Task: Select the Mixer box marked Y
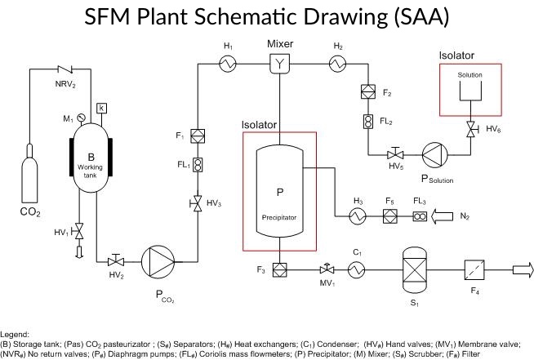(x=281, y=62)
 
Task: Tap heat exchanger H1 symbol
(x=228, y=62)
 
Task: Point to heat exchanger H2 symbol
(x=336, y=62)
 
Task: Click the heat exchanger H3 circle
(x=357, y=216)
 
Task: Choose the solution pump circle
(x=433, y=153)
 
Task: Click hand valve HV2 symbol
(x=115, y=261)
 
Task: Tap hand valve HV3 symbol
(x=198, y=202)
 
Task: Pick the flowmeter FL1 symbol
(x=198, y=163)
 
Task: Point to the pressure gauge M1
(x=80, y=116)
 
